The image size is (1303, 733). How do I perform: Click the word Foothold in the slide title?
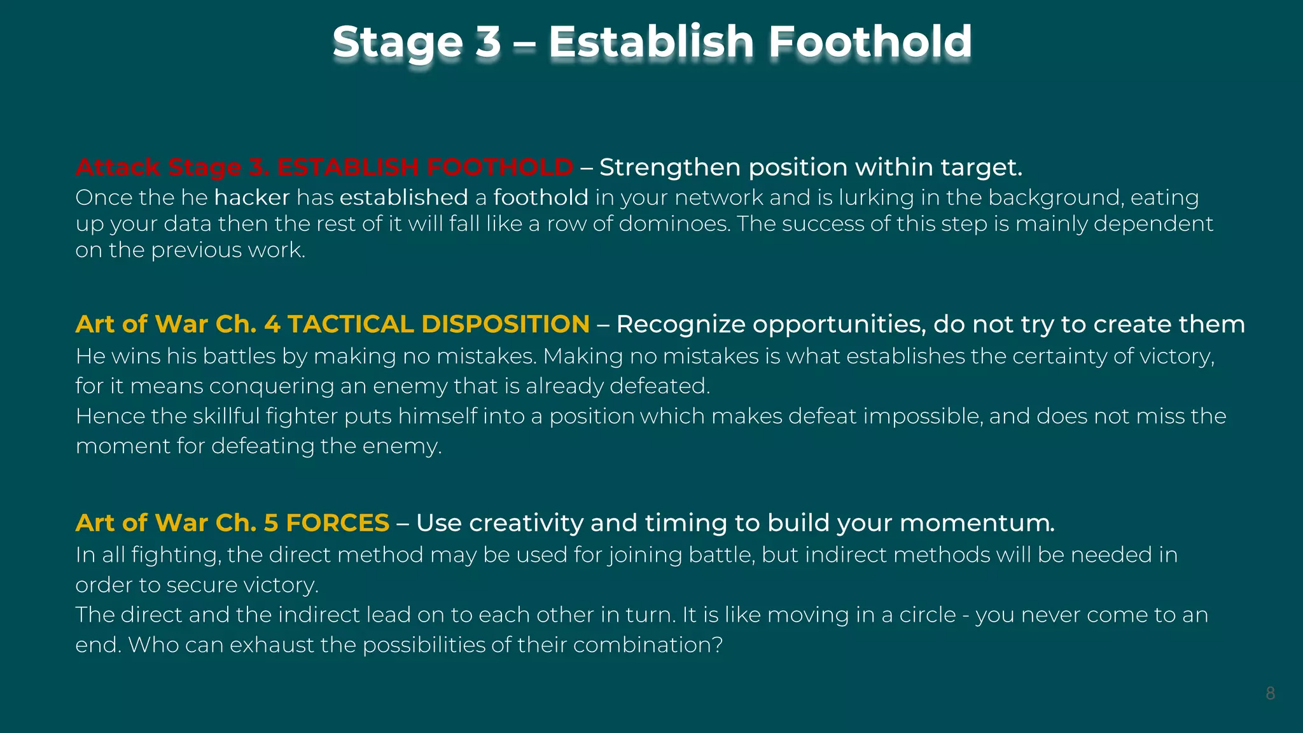pyautogui.click(x=870, y=42)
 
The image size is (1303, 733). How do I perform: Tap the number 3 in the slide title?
pyautogui.click(x=488, y=42)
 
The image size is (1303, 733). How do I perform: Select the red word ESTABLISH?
pyautogui.click(x=347, y=167)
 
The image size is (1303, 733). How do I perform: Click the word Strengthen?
pyautogui.click(x=670, y=167)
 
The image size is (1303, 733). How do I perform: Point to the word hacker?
pyautogui.click(x=252, y=198)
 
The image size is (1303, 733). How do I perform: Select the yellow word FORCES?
pyautogui.click(x=337, y=523)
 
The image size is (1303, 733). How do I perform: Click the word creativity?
pyautogui.click(x=526, y=523)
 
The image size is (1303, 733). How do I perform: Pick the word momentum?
pyautogui.click(x=977, y=523)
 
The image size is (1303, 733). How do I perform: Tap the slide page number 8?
pyautogui.click(x=1270, y=694)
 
